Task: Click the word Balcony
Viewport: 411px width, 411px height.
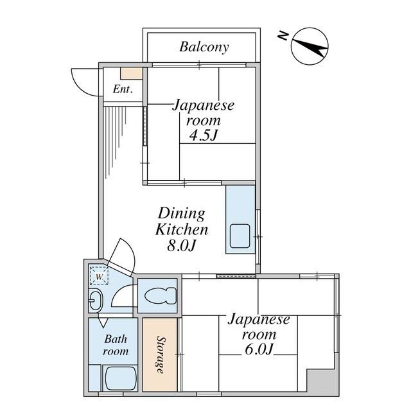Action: (204, 47)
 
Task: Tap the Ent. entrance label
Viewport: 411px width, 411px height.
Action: (123, 89)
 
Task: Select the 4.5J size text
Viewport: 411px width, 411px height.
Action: (204, 136)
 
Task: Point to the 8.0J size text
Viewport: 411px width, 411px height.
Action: (181, 245)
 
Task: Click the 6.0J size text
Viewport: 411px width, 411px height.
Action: (259, 349)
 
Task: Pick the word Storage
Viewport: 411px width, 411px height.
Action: (161, 354)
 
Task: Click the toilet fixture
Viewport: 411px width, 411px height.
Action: (161, 295)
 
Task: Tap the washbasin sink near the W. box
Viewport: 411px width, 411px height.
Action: (96, 301)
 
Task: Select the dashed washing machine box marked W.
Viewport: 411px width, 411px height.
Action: (99, 275)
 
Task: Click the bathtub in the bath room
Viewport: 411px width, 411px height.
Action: (121, 378)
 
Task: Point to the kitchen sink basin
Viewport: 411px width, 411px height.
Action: (240, 236)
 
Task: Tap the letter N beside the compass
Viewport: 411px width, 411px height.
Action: (283, 36)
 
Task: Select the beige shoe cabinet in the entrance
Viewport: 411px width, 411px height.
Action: (131, 73)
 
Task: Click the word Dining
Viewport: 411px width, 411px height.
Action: (181, 214)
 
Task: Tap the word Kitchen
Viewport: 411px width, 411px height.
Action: (182, 229)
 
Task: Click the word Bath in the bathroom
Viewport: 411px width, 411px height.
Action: (116, 339)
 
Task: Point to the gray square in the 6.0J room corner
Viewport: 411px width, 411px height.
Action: (321, 382)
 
